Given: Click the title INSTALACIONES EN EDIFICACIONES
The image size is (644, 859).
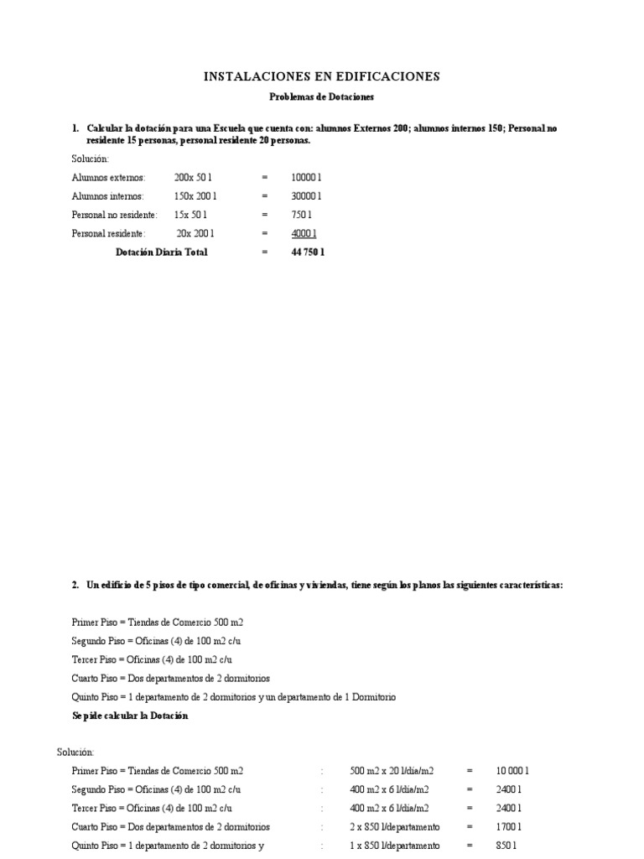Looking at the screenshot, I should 322,76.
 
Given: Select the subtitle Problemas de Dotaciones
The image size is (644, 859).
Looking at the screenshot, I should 321,97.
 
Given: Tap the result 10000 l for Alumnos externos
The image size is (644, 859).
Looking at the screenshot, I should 306,178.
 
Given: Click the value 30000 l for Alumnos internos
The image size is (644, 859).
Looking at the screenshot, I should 306,196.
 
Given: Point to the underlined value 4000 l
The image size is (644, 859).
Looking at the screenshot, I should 304,233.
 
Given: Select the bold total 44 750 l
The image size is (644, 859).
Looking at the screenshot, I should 307,252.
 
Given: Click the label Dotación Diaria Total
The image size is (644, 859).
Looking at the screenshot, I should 161,252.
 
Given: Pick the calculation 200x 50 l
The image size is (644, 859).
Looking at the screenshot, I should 193,178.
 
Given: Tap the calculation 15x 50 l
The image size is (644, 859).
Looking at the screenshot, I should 191,215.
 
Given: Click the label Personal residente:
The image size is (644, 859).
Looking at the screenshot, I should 108,233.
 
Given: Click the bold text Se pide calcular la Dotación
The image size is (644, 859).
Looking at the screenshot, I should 130,716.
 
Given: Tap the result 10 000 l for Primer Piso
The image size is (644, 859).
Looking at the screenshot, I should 512,770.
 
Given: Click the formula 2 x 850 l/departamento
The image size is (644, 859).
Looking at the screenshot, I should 394,826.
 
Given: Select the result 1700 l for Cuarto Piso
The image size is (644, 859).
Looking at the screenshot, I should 509,826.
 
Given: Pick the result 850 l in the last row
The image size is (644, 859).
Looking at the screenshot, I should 507,845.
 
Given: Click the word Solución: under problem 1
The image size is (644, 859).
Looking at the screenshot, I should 91,159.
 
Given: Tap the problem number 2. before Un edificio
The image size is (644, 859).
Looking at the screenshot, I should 75,585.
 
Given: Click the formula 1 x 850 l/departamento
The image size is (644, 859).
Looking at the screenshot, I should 394,845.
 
